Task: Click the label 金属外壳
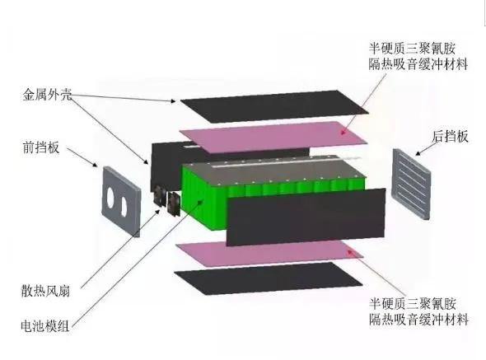pyautogui.click(x=47, y=95)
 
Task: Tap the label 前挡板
pyautogui.click(x=41, y=147)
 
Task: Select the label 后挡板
pyautogui.click(x=450, y=136)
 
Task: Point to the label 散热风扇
pyautogui.click(x=45, y=291)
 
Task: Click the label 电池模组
pyautogui.click(x=45, y=326)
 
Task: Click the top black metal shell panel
pyautogui.click(x=274, y=105)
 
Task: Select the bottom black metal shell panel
pyautogui.click(x=268, y=278)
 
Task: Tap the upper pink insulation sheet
pyautogui.click(x=273, y=137)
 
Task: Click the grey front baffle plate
pyautogui.click(x=122, y=202)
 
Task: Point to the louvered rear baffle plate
pyautogui.click(x=412, y=184)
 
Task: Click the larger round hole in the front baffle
pyautogui.click(x=110, y=197)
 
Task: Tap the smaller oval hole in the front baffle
pyautogui.click(x=124, y=207)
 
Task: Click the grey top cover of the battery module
pyautogui.click(x=273, y=169)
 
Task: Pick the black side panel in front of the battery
pyautogui.click(x=306, y=217)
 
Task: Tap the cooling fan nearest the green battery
pyautogui.click(x=174, y=203)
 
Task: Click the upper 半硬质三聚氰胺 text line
pyautogui.click(x=412, y=49)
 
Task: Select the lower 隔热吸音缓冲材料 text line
pyautogui.click(x=418, y=320)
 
